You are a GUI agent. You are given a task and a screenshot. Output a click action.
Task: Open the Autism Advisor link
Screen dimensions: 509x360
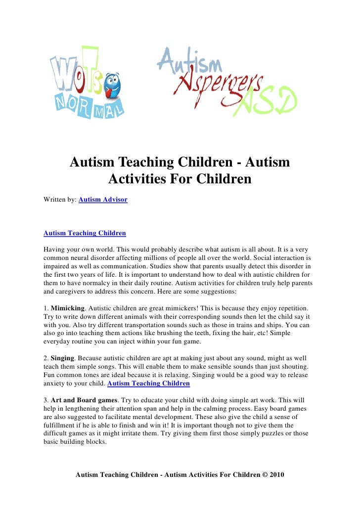(103, 200)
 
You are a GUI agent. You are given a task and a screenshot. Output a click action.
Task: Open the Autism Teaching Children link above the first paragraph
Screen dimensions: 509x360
(85, 233)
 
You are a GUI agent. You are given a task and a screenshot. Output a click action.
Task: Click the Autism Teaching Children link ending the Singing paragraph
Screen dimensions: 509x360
(148, 383)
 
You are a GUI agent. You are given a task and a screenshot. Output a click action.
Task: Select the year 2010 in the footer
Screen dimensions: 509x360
(277, 475)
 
